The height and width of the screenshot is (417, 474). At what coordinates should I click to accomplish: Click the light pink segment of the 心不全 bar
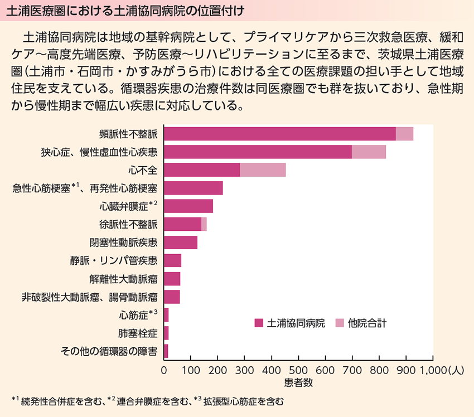pyautogui.click(x=263, y=170)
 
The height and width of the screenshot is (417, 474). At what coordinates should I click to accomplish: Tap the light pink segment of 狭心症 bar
pyautogui.click(x=369, y=152)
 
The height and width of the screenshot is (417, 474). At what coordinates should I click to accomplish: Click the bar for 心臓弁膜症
pyautogui.click(x=188, y=206)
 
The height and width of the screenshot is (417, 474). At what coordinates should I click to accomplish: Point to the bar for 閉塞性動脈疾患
pyautogui.click(x=181, y=243)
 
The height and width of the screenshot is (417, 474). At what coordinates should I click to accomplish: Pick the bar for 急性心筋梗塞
pyautogui.click(x=194, y=188)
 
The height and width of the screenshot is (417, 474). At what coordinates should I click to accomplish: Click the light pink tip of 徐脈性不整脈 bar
pyautogui.click(x=204, y=224)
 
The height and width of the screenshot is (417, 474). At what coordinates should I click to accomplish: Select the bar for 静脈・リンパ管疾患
pyautogui.click(x=173, y=260)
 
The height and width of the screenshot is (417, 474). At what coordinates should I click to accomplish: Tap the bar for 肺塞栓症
pyautogui.click(x=166, y=333)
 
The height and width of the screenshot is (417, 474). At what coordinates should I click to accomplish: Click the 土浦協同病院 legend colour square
pyautogui.click(x=258, y=323)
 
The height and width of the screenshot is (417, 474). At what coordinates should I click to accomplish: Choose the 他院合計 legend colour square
pyautogui.click(x=339, y=323)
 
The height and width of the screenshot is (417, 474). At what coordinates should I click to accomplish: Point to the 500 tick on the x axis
pyautogui.click(x=298, y=370)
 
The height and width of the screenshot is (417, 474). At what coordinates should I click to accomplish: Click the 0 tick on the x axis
pyautogui.click(x=164, y=370)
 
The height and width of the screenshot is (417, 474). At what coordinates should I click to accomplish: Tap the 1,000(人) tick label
pyautogui.click(x=441, y=370)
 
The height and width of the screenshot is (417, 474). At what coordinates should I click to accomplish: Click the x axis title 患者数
pyautogui.click(x=298, y=382)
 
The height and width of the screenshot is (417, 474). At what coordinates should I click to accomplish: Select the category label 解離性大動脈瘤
pyautogui.click(x=123, y=279)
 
